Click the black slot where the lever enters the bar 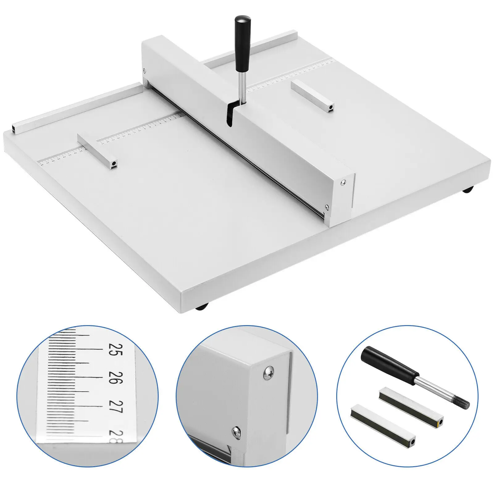coord(230,115)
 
